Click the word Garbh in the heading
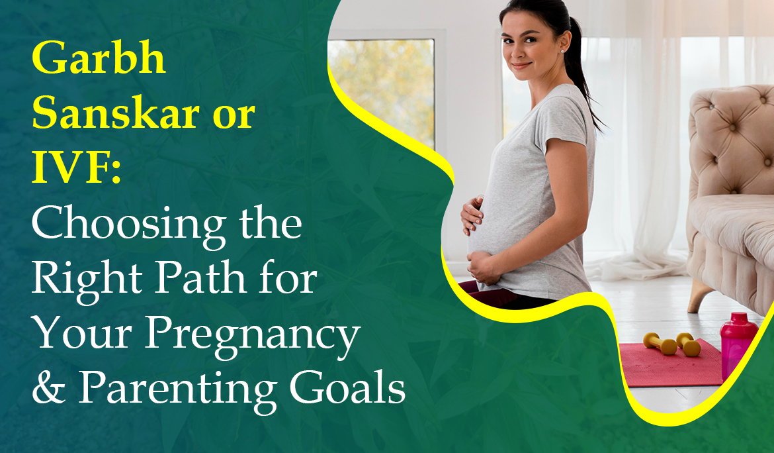99,58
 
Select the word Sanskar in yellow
116,114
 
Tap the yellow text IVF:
77,168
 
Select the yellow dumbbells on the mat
672,343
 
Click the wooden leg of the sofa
701,295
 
